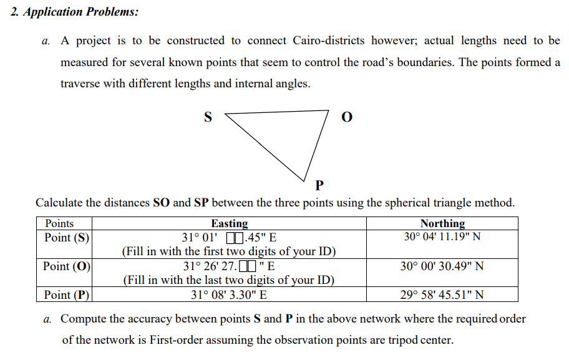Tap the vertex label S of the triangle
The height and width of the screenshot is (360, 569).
click(208, 116)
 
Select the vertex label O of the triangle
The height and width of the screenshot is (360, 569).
click(348, 117)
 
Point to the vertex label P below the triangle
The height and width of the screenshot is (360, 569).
click(319, 185)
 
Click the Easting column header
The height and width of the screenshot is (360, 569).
click(229, 223)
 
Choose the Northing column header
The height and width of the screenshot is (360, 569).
click(442, 223)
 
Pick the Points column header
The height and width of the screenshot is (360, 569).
click(59, 223)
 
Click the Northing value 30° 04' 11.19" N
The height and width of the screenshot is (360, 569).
click(442, 237)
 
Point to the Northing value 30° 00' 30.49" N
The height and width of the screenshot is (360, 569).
click(442, 266)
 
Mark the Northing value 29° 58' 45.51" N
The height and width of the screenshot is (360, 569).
click(442, 295)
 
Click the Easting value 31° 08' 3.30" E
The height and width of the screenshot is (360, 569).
click(229, 295)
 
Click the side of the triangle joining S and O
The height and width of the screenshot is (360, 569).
click(277, 113)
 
